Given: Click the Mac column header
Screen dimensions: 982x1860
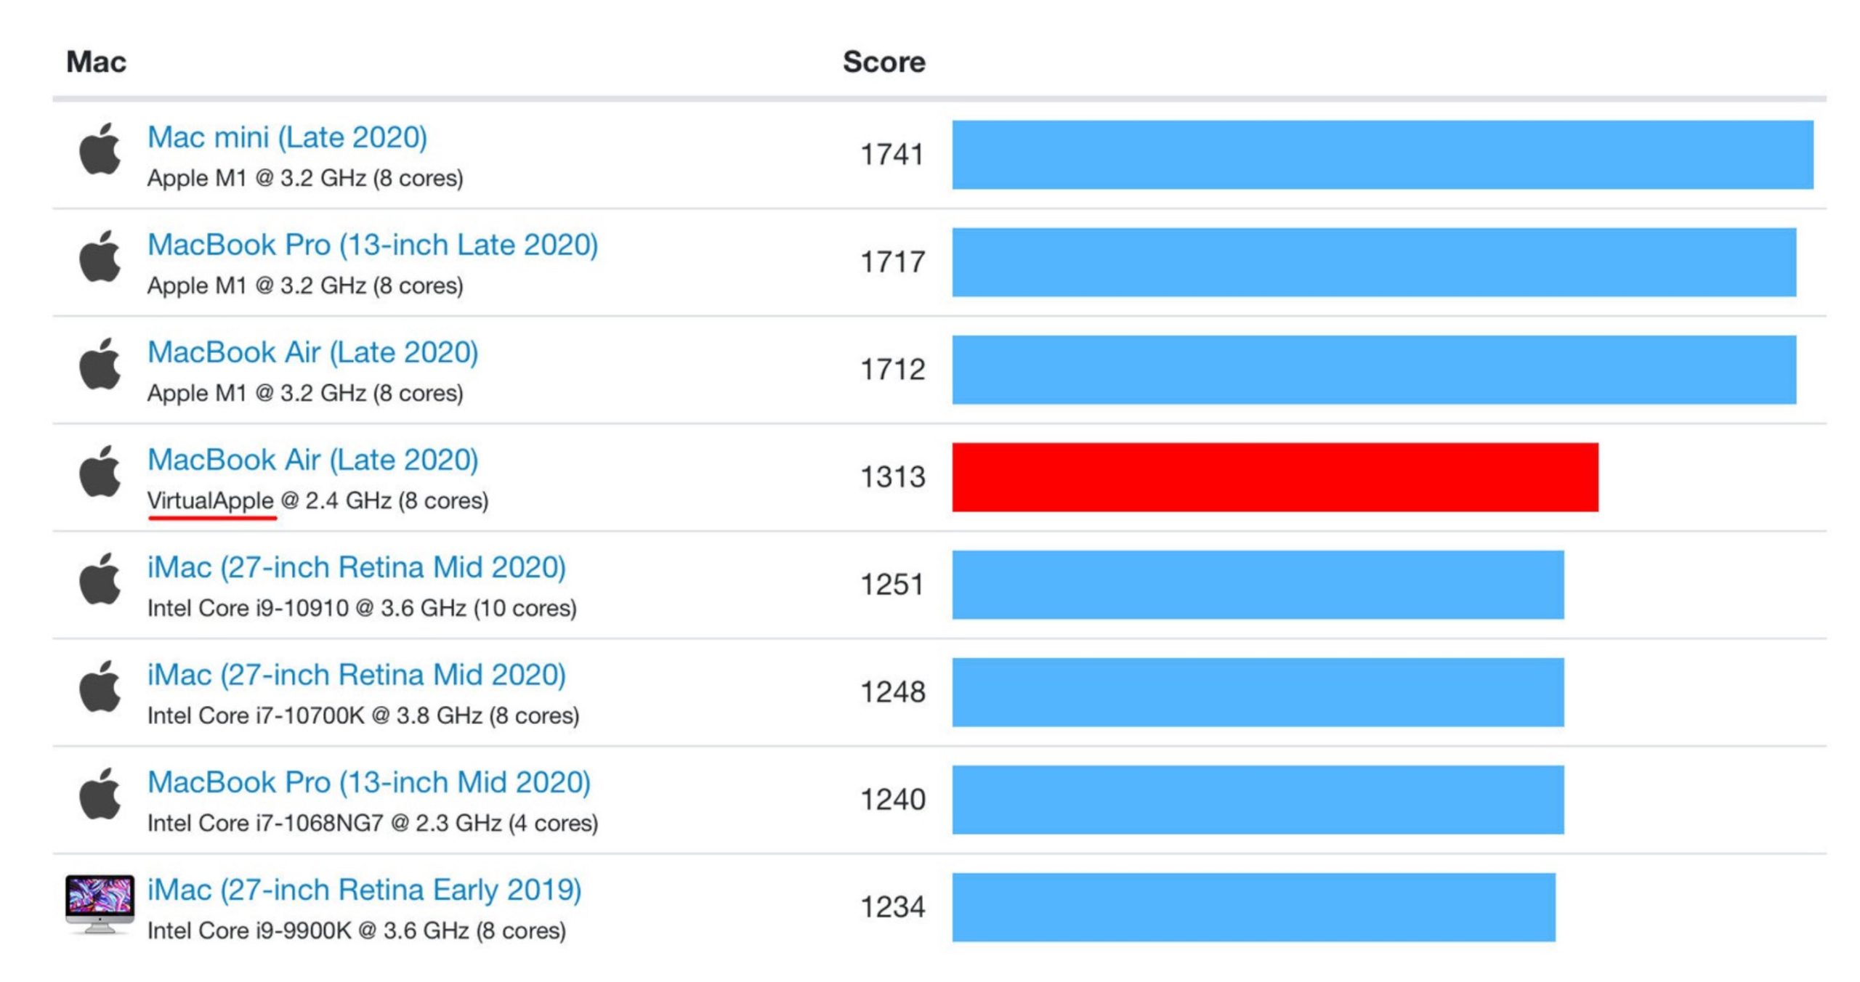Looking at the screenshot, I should click(96, 62).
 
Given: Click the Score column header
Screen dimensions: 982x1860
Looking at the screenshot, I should click(883, 62).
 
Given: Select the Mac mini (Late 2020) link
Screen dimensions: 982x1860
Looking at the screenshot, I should click(287, 137).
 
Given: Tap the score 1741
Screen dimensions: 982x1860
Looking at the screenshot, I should click(891, 155).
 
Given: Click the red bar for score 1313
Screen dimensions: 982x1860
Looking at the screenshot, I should click(1274, 477).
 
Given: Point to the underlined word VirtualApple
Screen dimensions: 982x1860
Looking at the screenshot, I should click(211, 500).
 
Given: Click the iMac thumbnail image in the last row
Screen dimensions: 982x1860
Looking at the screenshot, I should click(100, 904).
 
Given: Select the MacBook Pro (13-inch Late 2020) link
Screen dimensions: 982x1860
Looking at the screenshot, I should click(373, 245).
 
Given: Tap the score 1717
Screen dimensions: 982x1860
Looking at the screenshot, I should click(892, 262).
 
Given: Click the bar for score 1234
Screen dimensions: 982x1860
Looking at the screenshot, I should click(1253, 907).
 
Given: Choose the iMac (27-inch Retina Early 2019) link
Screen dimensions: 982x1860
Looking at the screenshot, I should click(364, 890).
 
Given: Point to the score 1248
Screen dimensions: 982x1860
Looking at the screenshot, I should click(892, 692).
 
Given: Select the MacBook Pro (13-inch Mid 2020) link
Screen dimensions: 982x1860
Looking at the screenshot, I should click(369, 782).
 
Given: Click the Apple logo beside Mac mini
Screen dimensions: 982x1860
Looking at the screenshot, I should click(100, 150).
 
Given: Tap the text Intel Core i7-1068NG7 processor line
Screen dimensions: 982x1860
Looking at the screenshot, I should click(373, 823).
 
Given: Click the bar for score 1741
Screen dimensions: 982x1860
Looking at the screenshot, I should click(1382, 155).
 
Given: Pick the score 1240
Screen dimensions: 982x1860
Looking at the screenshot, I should click(892, 800).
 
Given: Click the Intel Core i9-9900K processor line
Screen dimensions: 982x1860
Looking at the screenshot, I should click(356, 930).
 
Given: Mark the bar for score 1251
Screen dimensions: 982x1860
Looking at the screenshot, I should click(1258, 585).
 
